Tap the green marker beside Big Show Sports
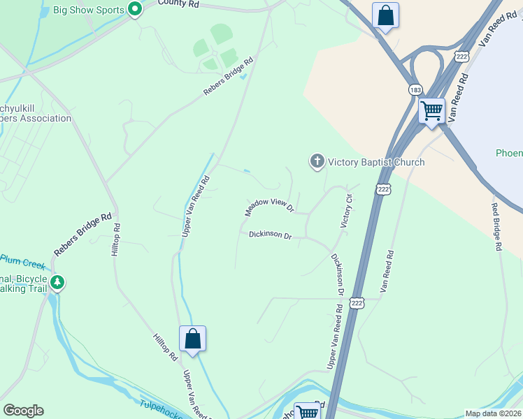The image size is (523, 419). coord(135,10)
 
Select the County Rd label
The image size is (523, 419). coord(178,3)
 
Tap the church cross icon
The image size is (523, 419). coord(317,162)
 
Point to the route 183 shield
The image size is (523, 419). coord(415,90)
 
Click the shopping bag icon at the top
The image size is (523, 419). coord(385,15)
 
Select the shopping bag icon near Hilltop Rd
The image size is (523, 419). coord(193,339)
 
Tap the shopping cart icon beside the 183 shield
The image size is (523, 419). coord(431,110)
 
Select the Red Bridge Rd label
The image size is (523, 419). coord(496,226)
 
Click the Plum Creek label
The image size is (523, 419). coord(23,262)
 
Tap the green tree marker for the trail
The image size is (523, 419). coord(58,284)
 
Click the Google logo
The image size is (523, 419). coord(23,411)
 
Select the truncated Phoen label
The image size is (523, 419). coord(509,153)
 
